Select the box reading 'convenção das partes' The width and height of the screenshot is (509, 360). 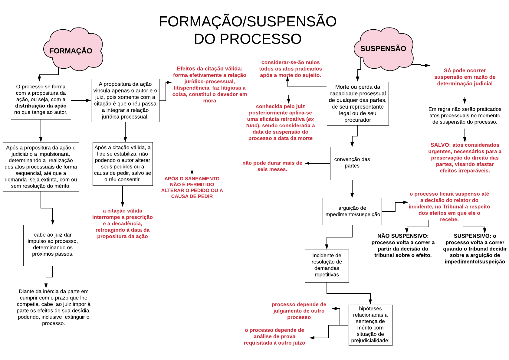tap(352, 164)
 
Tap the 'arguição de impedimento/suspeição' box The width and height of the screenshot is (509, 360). tap(352, 211)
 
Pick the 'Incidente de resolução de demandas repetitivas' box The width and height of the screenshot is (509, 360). tap(327, 266)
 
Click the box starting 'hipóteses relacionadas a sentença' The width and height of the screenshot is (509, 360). tap(370, 325)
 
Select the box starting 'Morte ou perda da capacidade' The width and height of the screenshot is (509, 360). tap(358, 103)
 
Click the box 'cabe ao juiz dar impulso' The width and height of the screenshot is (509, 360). tap(53, 246)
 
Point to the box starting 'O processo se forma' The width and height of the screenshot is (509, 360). tap(41, 101)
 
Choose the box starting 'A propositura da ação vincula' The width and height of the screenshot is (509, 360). tap(125, 100)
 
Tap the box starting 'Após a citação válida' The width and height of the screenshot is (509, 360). tap(123, 164)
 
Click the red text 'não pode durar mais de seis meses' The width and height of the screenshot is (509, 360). tap(272, 166)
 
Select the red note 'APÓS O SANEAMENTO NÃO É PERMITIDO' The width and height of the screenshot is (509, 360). tap(192, 187)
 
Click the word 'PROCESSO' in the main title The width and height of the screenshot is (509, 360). tap(261, 39)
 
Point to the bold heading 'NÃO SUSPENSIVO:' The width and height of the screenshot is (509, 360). tap(403, 236)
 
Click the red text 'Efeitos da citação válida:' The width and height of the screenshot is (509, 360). tap(209, 69)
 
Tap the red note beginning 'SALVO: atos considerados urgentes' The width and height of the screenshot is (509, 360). tap(465, 158)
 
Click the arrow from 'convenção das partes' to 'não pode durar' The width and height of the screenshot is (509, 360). tap(318, 163)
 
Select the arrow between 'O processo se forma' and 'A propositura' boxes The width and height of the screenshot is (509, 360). tap(81, 100)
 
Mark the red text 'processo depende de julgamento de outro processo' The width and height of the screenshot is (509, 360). tap(299, 311)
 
